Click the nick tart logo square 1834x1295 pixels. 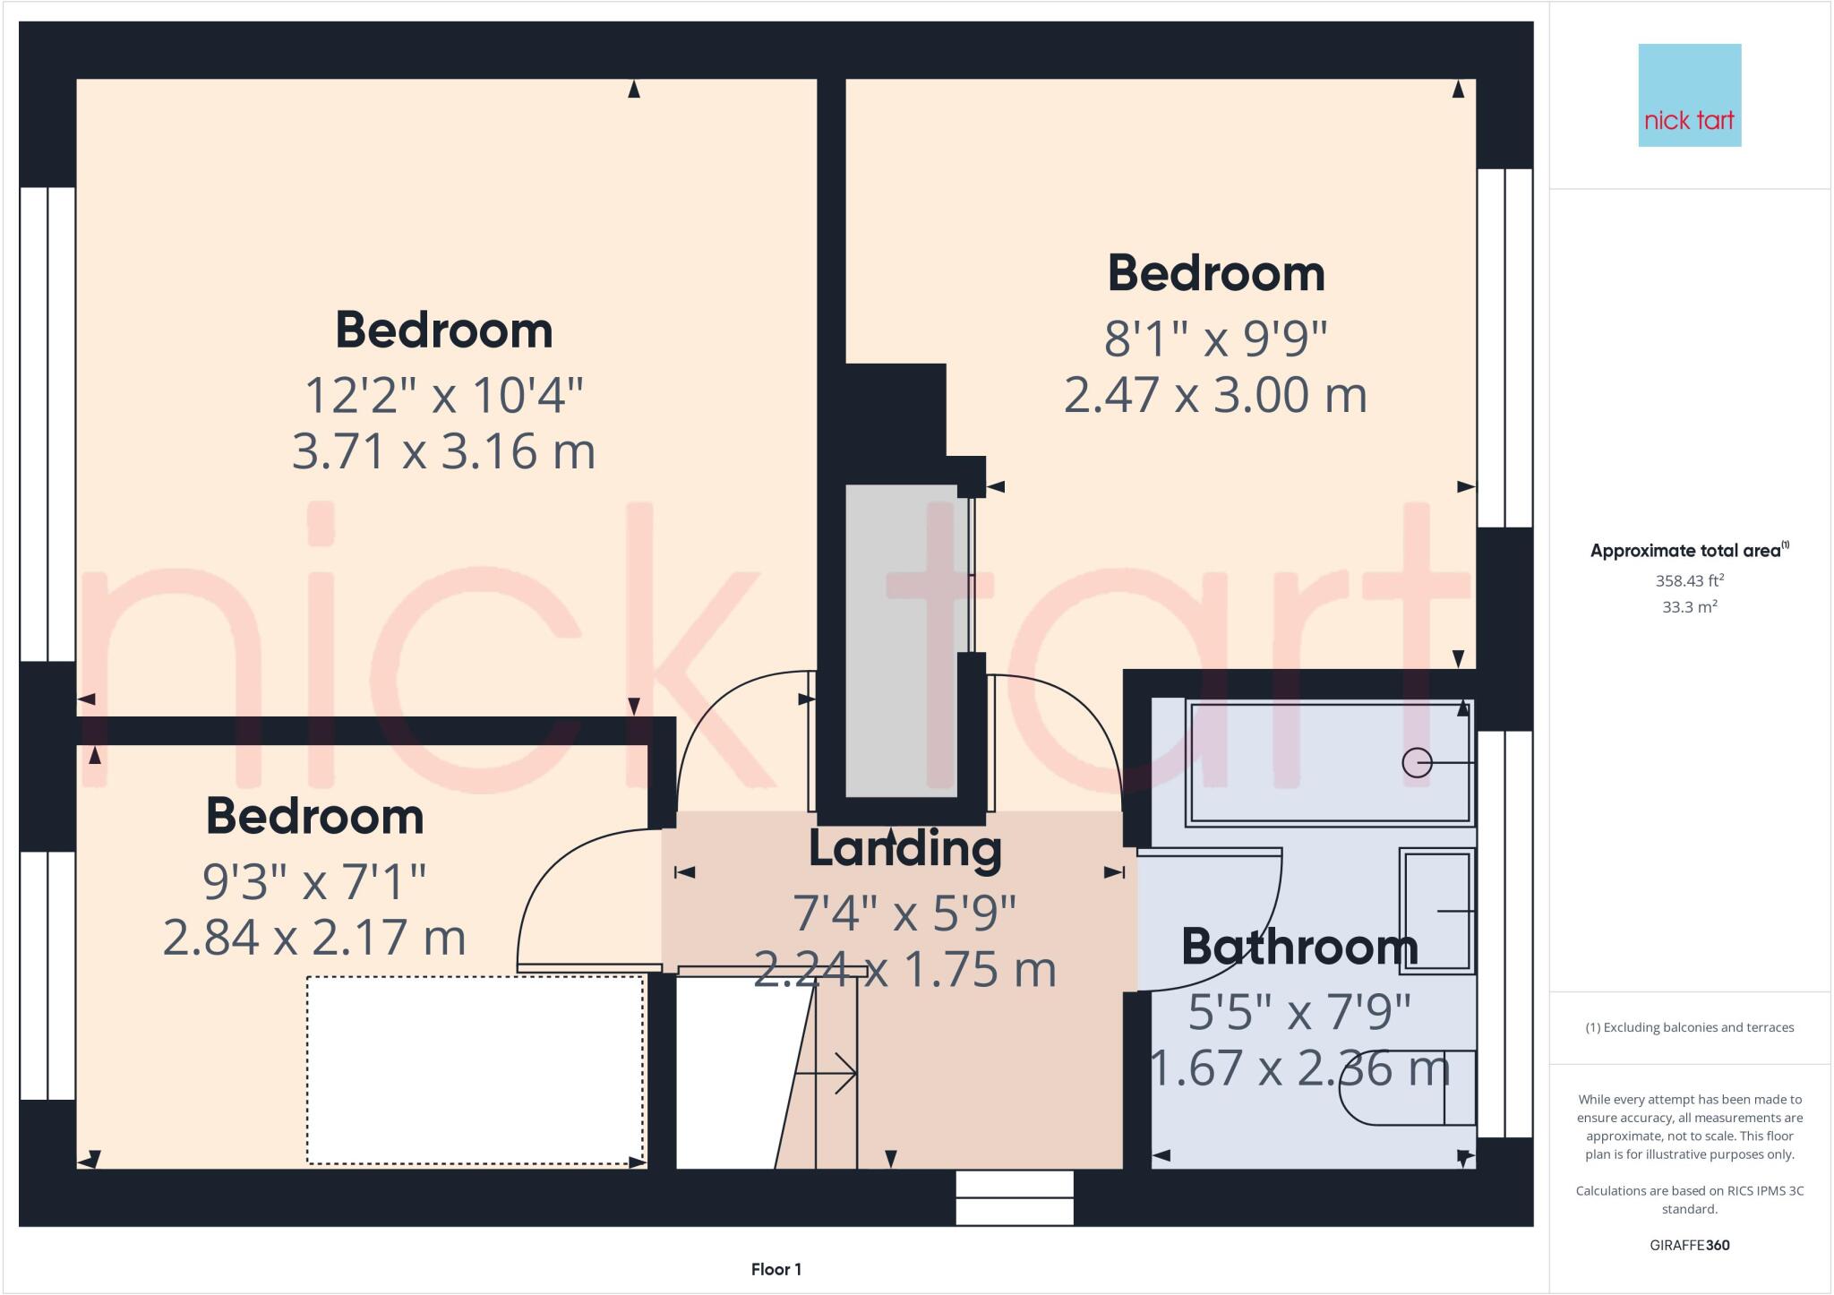(x=1689, y=95)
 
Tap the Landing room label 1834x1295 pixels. (x=904, y=848)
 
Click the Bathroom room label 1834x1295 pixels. (x=1298, y=947)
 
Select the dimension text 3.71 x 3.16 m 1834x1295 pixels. (x=443, y=450)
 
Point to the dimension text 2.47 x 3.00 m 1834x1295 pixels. (x=1215, y=394)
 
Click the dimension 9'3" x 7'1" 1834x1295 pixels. (x=314, y=882)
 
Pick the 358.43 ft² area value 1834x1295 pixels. (x=1689, y=580)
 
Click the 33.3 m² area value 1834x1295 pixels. (x=1689, y=606)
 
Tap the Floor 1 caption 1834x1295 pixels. (x=776, y=1269)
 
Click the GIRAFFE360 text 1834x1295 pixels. (x=1689, y=1245)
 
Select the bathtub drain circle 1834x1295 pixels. (x=1417, y=762)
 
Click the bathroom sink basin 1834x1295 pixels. (x=1436, y=910)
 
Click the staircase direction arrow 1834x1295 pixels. (x=828, y=1072)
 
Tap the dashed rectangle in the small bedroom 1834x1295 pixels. (x=475, y=1070)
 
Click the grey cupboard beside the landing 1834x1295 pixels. (x=901, y=640)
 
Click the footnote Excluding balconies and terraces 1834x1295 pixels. (x=1689, y=1027)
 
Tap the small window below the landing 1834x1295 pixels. (x=1014, y=1197)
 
